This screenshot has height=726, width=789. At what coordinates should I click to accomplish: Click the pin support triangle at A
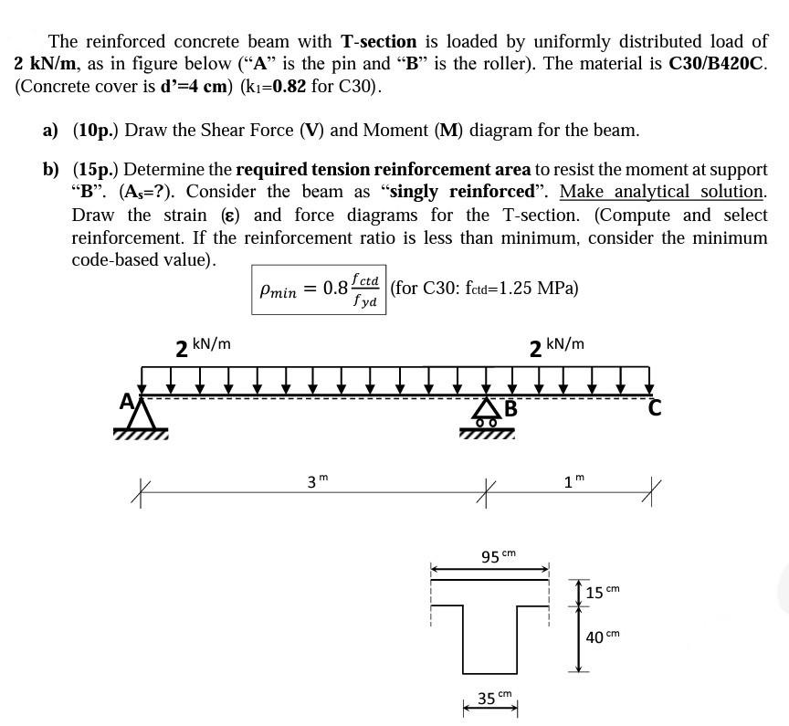click(x=139, y=416)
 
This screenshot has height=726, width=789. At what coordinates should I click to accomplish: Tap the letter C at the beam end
click(x=654, y=408)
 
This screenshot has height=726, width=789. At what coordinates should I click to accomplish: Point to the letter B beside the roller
click(x=510, y=408)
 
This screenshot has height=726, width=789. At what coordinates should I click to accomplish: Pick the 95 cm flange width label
click(x=498, y=555)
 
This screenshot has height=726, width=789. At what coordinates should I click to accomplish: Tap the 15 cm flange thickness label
click(x=602, y=593)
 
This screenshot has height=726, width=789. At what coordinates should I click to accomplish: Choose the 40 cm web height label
click(x=602, y=637)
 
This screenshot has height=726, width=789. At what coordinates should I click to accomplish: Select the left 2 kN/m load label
click(x=203, y=346)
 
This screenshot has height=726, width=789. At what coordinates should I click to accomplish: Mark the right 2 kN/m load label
click(x=556, y=346)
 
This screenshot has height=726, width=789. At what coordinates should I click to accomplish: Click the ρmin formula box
click(x=319, y=289)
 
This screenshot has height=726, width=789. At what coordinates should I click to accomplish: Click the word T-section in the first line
click(x=378, y=42)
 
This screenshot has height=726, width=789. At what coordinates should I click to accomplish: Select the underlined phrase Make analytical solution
click(x=662, y=192)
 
